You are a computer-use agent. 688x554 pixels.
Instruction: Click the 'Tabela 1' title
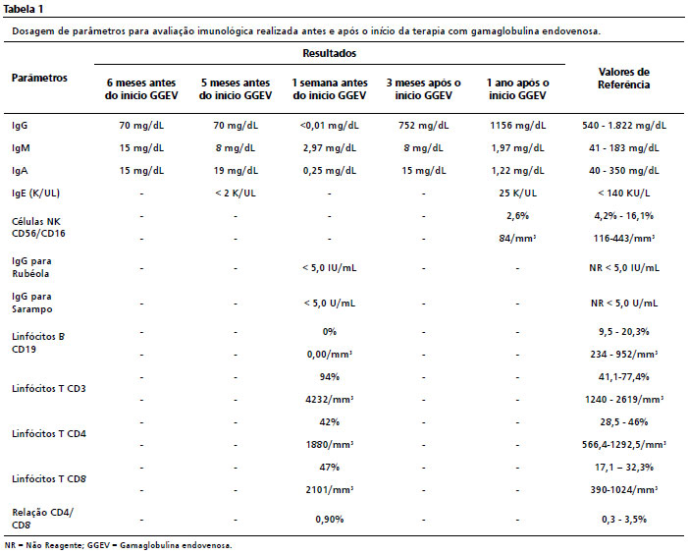(24, 9)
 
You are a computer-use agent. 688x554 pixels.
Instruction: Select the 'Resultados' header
(329, 54)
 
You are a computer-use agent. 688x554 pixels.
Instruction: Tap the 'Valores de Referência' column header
(623, 79)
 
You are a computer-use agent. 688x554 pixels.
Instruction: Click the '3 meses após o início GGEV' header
(423, 89)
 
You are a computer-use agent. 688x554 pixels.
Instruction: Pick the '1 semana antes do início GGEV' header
(330, 89)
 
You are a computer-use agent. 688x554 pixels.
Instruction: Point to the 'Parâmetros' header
(39, 79)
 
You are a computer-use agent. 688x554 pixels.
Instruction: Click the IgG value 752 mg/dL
(423, 126)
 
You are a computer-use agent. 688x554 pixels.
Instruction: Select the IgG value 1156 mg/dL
(518, 126)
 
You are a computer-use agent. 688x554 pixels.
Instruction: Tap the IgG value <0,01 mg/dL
(330, 126)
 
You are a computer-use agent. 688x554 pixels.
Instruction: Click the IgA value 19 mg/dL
(236, 171)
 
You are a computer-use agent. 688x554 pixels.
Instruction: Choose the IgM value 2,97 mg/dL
(330, 148)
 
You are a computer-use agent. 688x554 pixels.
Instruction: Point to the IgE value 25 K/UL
(518, 194)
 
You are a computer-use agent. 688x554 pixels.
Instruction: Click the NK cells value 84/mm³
(518, 239)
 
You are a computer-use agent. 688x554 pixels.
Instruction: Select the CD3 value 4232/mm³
(330, 400)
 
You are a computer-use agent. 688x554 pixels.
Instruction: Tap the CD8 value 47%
(330, 468)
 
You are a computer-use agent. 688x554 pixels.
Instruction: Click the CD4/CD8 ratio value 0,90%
(330, 520)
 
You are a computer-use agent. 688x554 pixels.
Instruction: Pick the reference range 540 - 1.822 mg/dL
(624, 126)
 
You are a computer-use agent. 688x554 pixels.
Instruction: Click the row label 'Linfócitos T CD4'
(49, 434)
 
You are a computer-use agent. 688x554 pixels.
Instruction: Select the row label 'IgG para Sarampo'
(32, 303)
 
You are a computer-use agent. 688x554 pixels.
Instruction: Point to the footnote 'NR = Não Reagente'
(42, 546)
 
